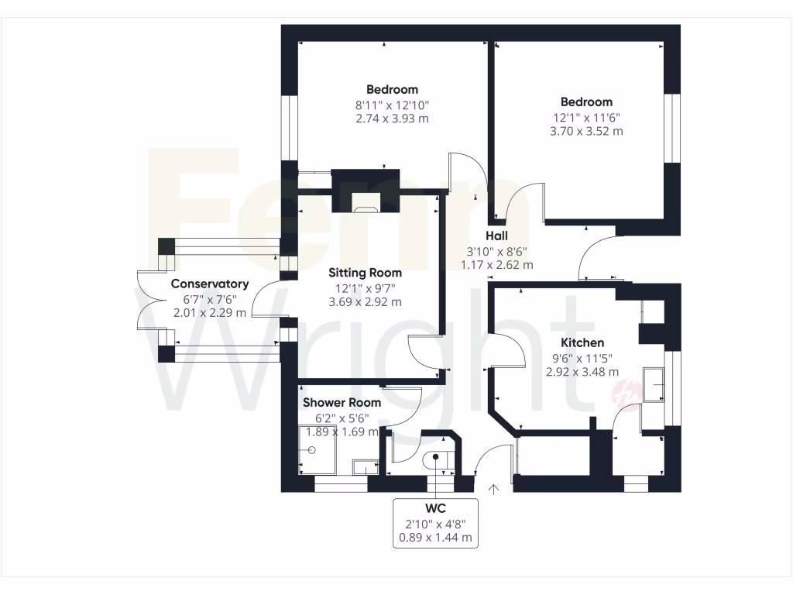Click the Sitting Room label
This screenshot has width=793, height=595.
coord(365,273)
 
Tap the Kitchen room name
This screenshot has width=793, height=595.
coord(583,342)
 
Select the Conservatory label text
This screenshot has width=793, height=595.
coord(210,284)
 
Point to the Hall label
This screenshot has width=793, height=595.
coord(496,236)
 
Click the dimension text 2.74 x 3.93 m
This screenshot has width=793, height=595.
coord(392,119)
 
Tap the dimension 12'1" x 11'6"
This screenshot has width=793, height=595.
coord(586,117)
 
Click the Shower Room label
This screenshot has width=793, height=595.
coord(342,403)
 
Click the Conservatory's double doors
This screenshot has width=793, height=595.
coord(143,301)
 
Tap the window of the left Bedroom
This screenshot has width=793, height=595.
coord(289,128)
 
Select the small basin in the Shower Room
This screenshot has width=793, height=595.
coord(363,466)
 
